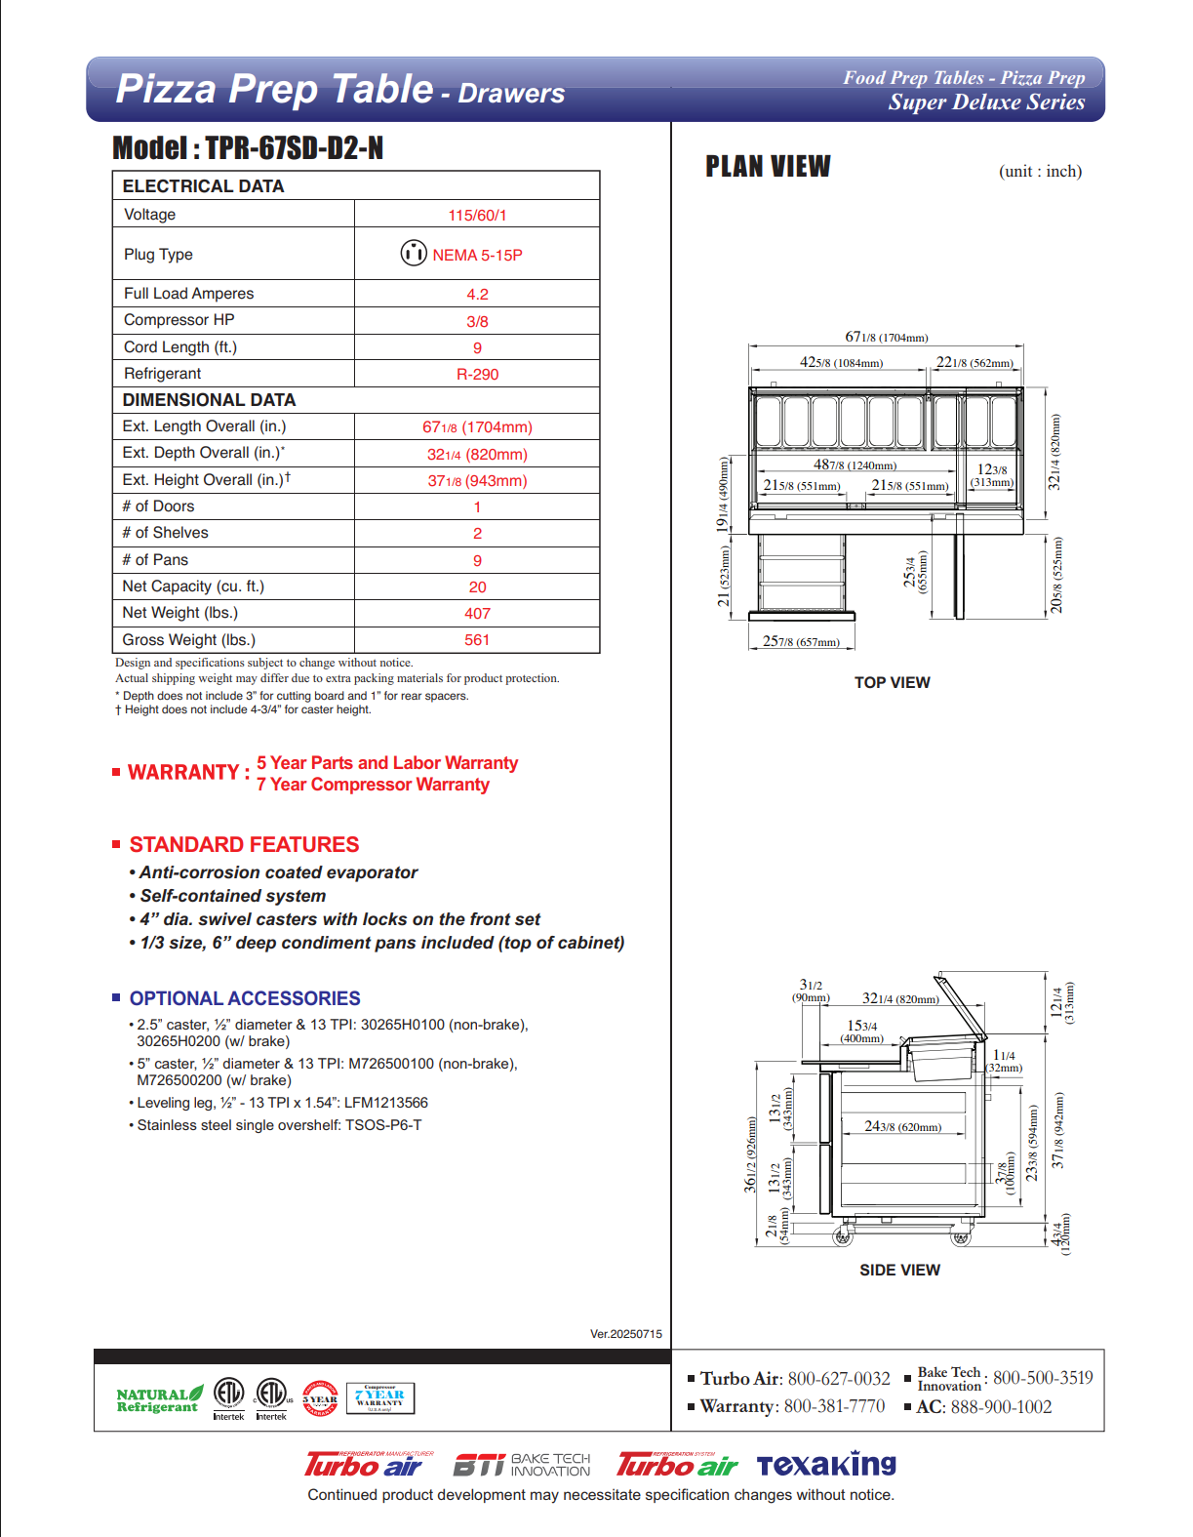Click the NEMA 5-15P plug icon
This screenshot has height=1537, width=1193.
414,253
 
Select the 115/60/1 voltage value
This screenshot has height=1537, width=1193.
477,215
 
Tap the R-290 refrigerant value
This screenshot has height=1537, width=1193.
477,374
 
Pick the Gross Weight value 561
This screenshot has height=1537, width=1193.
477,640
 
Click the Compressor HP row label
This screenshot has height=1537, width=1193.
179,320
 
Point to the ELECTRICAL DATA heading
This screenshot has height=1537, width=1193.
203,186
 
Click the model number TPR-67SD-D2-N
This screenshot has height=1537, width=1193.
294,148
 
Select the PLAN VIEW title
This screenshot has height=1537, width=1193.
768,167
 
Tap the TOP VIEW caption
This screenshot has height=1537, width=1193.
892,683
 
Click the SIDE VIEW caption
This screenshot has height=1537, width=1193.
899,1271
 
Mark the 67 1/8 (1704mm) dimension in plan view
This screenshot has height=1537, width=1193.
886,338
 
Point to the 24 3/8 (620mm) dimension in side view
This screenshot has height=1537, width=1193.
902,1127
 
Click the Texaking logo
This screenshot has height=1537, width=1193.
826,1465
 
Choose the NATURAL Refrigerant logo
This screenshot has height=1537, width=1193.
159,1400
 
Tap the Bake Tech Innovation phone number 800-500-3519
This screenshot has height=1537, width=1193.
1042,1378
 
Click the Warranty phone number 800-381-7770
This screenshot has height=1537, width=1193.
834,1406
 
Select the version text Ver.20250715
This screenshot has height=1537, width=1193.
625,1334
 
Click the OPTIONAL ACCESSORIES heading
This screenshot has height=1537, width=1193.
245,998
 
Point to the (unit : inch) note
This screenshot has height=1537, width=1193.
1040,172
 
